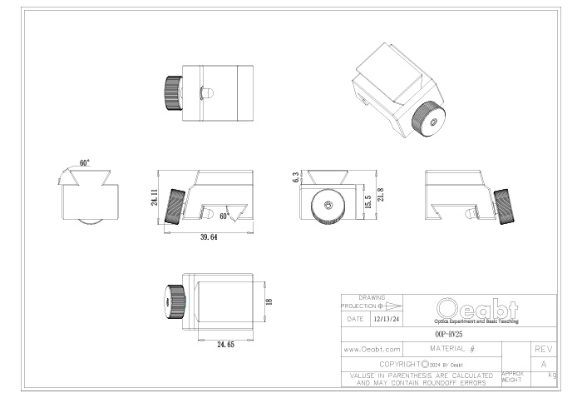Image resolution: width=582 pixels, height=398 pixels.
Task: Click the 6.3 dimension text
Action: click(x=296, y=177)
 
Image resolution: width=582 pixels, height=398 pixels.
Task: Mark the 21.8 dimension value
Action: click(x=381, y=193)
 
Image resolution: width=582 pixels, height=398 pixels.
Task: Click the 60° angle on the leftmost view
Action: click(x=86, y=163)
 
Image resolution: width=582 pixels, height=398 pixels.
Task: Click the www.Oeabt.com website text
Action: click(x=372, y=349)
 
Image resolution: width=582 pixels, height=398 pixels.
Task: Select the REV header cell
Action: click(x=541, y=349)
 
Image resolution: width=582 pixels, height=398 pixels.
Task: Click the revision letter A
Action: click(x=541, y=364)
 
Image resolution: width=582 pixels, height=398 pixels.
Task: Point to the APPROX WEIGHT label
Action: click(x=513, y=379)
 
